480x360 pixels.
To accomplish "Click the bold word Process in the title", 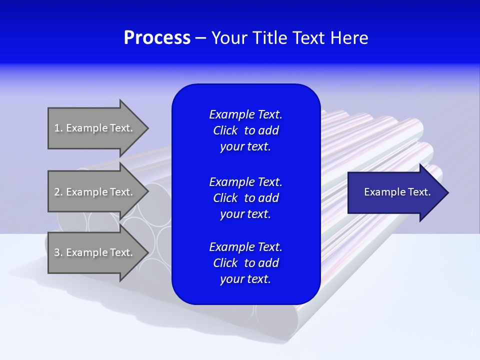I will click(157, 37).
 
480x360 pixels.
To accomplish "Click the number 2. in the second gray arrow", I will click(58, 192).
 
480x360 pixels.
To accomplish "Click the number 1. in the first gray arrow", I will click(58, 128).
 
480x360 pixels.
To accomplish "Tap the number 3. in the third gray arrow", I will click(58, 252).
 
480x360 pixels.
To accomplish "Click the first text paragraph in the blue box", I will click(245, 130).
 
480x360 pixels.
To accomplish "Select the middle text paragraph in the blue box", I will click(245, 198).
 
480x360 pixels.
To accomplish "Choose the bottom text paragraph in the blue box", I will click(245, 263).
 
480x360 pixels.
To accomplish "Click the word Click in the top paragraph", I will click(225, 130).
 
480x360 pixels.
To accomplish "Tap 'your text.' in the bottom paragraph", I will click(245, 279).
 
